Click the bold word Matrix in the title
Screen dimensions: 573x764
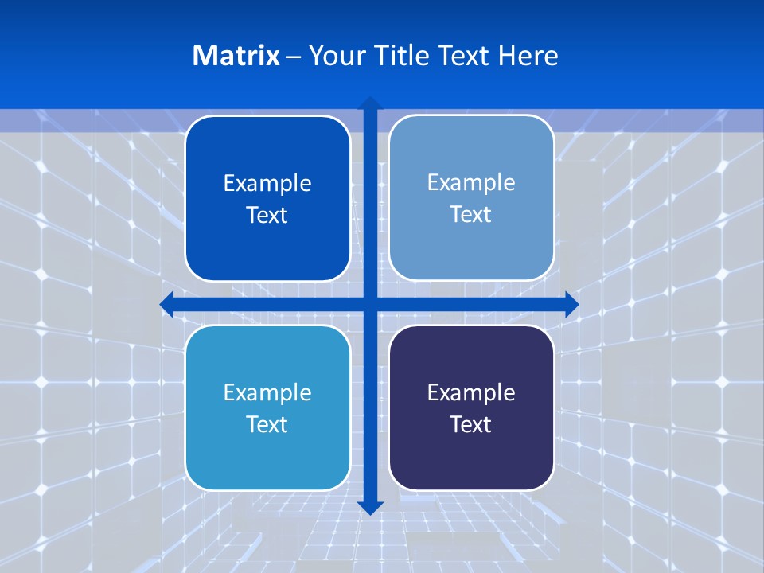pyautogui.click(x=236, y=56)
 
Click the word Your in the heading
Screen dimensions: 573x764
pyautogui.click(x=332, y=56)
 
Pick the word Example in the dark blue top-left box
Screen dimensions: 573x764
pyautogui.click(x=267, y=184)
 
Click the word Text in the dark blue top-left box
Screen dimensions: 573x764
pyautogui.click(x=267, y=216)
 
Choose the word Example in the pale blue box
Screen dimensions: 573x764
pyautogui.click(x=471, y=183)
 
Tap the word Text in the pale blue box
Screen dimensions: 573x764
pyautogui.click(x=471, y=215)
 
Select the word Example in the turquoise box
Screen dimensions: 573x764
pyautogui.click(x=267, y=393)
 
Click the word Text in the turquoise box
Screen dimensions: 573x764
pyautogui.click(x=267, y=425)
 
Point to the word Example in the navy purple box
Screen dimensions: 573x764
pyautogui.click(x=471, y=393)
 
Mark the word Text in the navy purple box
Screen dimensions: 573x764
pyautogui.click(x=471, y=425)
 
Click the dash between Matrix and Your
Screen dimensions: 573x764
pyautogui.click(x=294, y=57)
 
